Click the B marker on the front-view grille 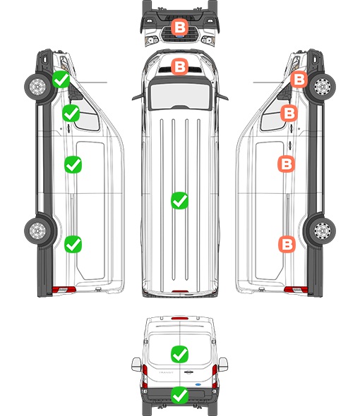[x=179, y=27]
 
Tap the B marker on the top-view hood [x=179, y=66]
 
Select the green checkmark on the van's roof [x=179, y=200]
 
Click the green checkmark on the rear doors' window [x=179, y=354]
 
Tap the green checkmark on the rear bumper [x=179, y=396]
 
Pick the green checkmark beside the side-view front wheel [x=61, y=79]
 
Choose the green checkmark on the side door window [x=71, y=114]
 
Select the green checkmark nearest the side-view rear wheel [x=73, y=244]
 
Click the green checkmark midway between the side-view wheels [x=73, y=165]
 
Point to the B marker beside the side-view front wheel [x=299, y=79]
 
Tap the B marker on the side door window [x=289, y=114]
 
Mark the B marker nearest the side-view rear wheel [x=287, y=244]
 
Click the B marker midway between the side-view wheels [x=287, y=164]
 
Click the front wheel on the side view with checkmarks [x=37, y=87]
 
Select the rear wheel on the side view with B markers [x=323, y=231]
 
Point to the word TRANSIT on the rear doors [x=166, y=372]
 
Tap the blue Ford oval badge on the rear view [x=198, y=384]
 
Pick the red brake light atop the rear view [x=180, y=318]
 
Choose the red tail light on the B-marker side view [x=296, y=290]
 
